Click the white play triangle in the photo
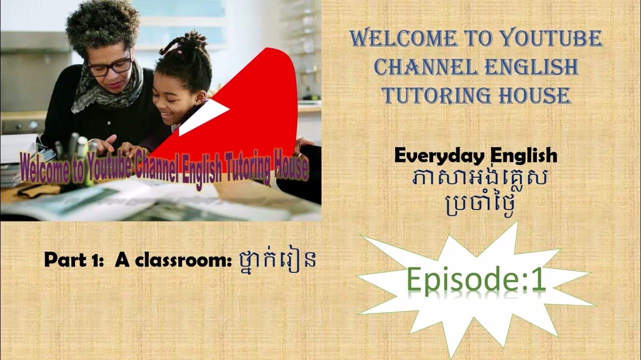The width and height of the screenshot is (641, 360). (203, 116)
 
